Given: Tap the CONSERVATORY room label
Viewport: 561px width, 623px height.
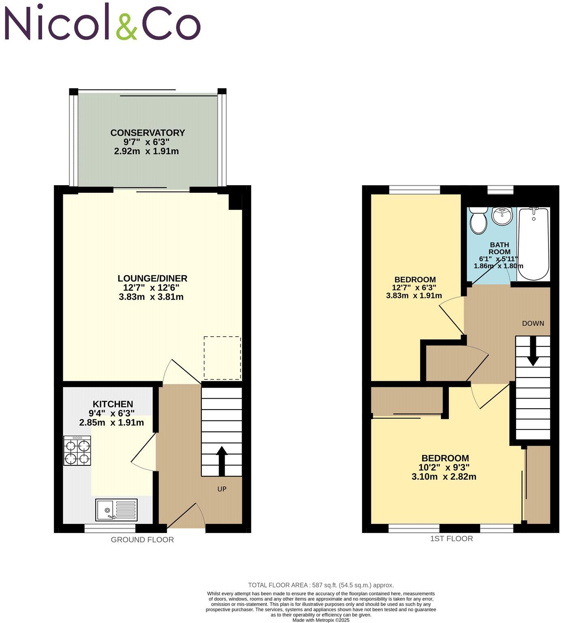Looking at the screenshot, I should point(148,133).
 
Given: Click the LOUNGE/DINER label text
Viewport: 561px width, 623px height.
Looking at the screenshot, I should point(152,278).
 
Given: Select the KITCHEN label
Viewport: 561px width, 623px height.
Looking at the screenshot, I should point(113,404).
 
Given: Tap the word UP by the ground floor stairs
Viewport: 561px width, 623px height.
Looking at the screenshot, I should point(222,489).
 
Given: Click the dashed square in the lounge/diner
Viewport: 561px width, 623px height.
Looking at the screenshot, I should point(222,358).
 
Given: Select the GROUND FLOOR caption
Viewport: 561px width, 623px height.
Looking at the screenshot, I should point(142,540).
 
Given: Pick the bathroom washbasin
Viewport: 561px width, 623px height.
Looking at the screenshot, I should point(502,215).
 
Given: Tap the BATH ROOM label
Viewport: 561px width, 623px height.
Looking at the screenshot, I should point(499,248).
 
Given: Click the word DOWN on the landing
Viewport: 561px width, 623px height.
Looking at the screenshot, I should point(533,323).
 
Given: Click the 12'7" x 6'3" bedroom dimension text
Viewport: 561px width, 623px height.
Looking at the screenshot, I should point(414,288).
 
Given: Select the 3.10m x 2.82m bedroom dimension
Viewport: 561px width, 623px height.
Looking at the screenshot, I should point(444,477).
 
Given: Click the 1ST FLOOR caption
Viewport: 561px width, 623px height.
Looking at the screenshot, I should point(452,539).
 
